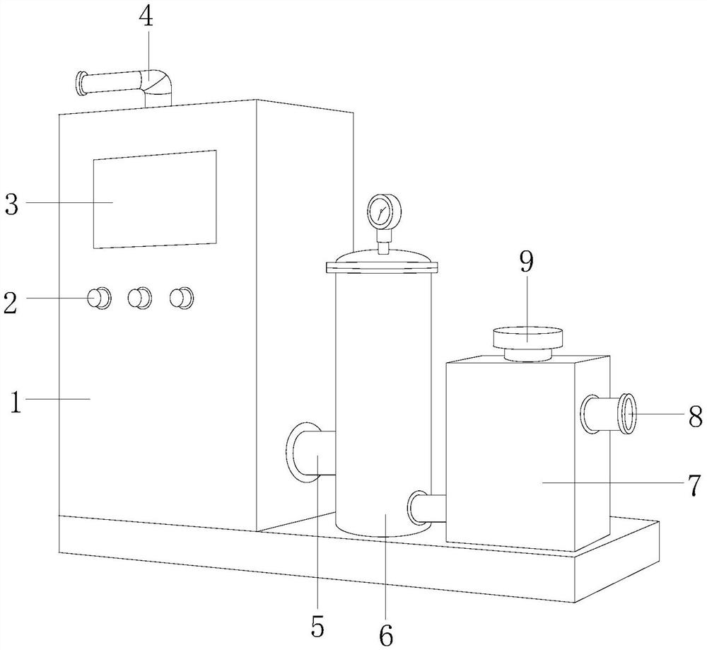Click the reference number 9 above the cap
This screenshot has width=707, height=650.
pyautogui.click(x=527, y=262)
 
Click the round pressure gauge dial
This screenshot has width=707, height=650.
pyautogui.click(x=384, y=211)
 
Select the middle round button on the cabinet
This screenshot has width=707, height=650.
pyautogui.click(x=140, y=298)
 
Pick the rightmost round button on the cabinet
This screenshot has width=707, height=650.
pyautogui.click(x=182, y=298)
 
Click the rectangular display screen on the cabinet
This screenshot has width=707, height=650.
pyautogui.click(x=154, y=199)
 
